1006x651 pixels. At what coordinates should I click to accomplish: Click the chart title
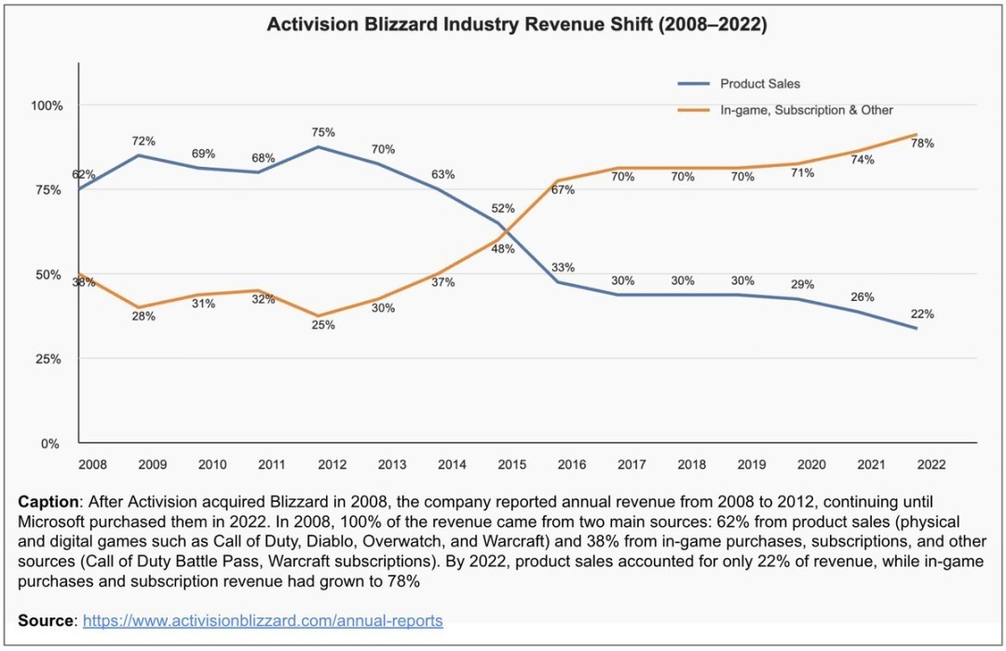point(517,25)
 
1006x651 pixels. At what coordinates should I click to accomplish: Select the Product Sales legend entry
point(760,85)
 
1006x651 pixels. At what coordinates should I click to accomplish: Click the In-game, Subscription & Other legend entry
point(806,110)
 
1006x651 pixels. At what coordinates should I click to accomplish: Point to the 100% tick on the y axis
point(46,105)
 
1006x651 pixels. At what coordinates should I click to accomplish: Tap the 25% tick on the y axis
point(48,359)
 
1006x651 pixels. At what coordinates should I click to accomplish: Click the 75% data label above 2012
point(322,132)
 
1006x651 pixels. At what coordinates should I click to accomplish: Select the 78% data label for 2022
point(922,143)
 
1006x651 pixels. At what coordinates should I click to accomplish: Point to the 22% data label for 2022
point(922,314)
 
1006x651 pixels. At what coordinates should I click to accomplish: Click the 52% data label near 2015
point(503,210)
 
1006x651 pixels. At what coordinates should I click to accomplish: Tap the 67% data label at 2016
point(563,190)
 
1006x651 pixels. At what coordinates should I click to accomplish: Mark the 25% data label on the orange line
point(322,325)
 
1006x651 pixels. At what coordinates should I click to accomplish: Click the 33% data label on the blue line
point(563,267)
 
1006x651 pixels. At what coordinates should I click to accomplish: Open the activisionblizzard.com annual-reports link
point(263,620)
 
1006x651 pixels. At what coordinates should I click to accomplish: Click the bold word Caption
point(47,501)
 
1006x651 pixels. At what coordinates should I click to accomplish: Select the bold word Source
point(44,620)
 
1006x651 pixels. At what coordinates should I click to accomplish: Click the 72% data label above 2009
point(143,142)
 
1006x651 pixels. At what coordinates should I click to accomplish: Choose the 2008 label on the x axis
point(92,464)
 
